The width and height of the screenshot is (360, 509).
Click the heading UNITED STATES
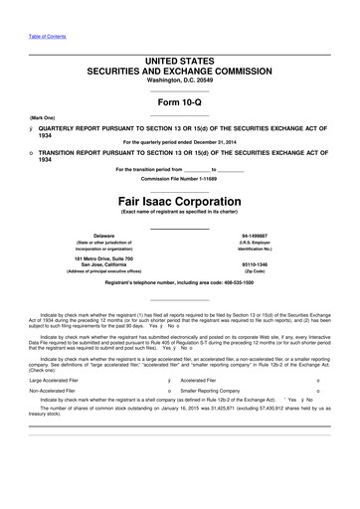(179, 61)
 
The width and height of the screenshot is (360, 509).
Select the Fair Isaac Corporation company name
(179, 199)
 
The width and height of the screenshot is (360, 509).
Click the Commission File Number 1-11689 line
(179, 178)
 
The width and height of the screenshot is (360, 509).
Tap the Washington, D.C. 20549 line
(179, 81)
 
